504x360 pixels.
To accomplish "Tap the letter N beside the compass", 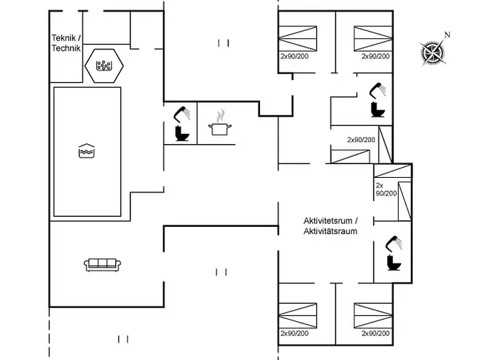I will point(447,35).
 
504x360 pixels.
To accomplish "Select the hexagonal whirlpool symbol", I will point(105,66).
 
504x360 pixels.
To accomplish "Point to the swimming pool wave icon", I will point(86,151).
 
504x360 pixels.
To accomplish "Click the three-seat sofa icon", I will point(102,264).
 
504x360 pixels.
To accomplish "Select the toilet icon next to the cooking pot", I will point(181,134).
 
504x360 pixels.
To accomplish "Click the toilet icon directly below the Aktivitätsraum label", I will point(392,264).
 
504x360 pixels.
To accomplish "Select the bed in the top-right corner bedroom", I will point(372,37).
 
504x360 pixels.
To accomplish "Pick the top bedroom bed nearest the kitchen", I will point(298,37).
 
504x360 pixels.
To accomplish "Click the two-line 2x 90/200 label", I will point(385,189).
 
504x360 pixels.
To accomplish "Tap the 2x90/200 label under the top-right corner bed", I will point(375,55).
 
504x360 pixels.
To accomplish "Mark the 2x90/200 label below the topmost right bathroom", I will point(361,140).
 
